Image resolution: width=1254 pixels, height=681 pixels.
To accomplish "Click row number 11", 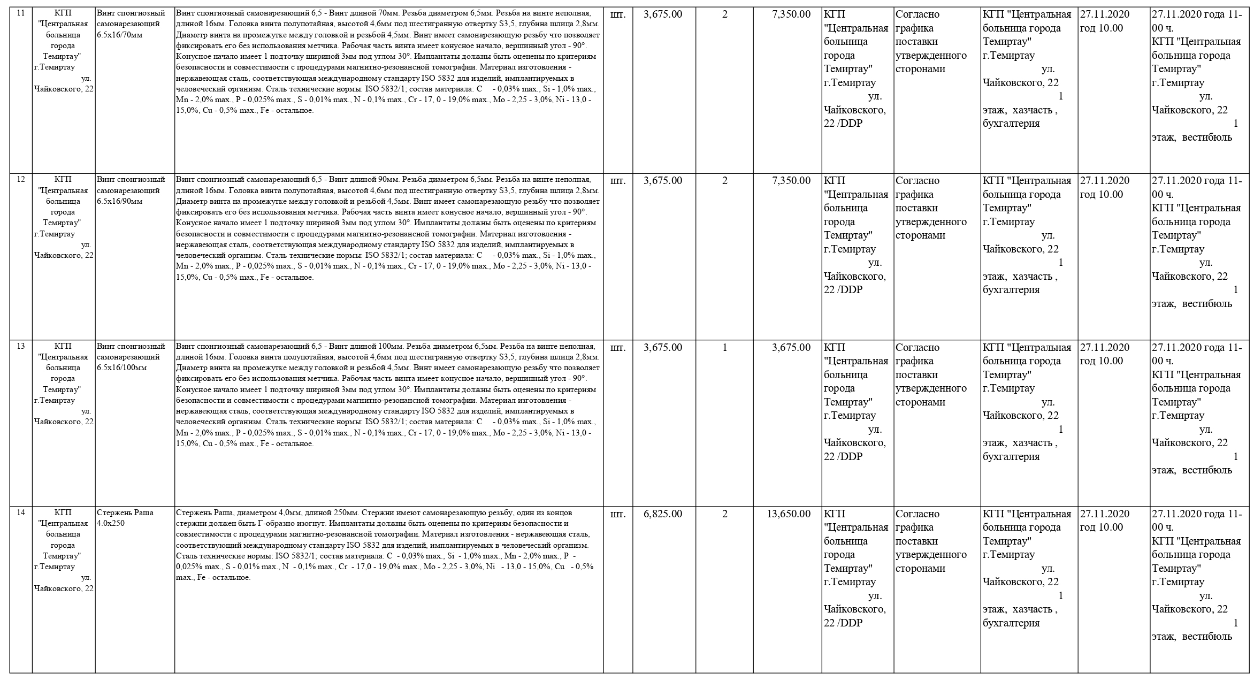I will (21, 13).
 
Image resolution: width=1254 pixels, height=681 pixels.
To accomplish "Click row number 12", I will (21, 180).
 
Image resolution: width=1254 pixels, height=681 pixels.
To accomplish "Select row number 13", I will (21, 346).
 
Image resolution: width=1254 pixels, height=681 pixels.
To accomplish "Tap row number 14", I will (21, 512).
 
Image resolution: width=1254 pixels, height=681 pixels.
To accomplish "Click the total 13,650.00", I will (789, 514).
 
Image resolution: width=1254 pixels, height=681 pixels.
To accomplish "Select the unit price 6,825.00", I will (663, 514).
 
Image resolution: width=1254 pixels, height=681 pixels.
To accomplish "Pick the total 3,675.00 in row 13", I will (791, 347).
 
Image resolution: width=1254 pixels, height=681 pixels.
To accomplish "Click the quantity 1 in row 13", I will (725, 347).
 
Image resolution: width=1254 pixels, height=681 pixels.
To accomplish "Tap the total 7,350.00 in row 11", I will (791, 14).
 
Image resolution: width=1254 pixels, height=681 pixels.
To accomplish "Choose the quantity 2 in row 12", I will (725, 181).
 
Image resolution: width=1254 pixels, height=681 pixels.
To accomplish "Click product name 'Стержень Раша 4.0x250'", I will (125, 518).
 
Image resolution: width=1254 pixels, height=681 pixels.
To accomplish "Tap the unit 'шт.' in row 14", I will (617, 514).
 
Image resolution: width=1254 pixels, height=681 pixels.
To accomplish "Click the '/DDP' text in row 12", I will (850, 290).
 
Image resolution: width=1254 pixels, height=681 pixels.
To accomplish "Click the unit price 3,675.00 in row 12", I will (663, 181).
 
